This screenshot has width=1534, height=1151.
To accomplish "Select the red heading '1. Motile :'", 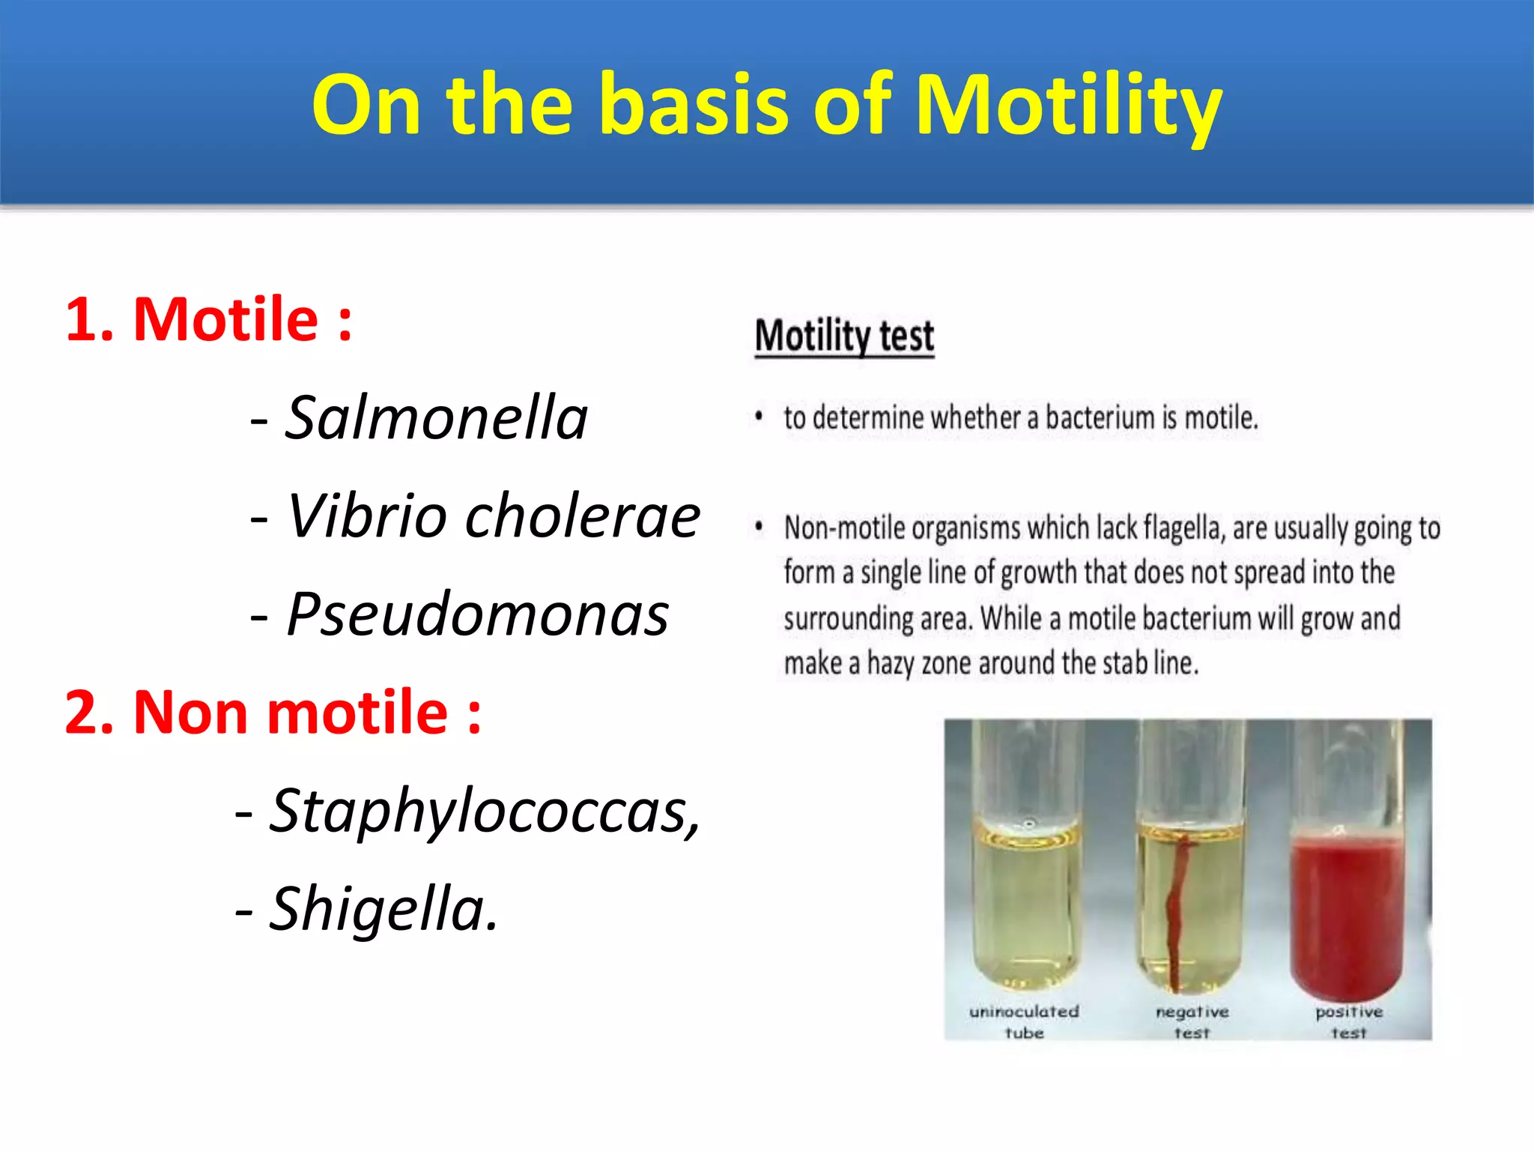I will pyautogui.click(x=208, y=320).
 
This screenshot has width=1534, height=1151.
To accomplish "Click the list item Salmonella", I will pyautogui.click(x=437, y=418).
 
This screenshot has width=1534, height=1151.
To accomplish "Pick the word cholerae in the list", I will pyautogui.click(x=583, y=516).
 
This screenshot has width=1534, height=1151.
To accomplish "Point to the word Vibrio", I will pyautogui.click(x=367, y=516).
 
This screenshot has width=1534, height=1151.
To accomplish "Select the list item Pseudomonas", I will pyautogui.click(x=477, y=614).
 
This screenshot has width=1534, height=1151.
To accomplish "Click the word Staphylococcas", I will pyautogui.click(x=484, y=811).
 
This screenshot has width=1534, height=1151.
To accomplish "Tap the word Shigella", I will pyautogui.click(x=383, y=909).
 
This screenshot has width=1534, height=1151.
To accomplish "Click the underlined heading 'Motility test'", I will pyautogui.click(x=844, y=336).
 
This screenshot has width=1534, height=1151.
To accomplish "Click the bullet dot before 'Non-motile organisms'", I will pyautogui.click(x=759, y=528).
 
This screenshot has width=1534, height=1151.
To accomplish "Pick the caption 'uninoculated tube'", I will pyautogui.click(x=1024, y=1022).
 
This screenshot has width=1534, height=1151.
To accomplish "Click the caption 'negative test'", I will pyautogui.click(x=1192, y=1022).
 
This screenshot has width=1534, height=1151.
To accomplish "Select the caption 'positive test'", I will pyautogui.click(x=1349, y=1022).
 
